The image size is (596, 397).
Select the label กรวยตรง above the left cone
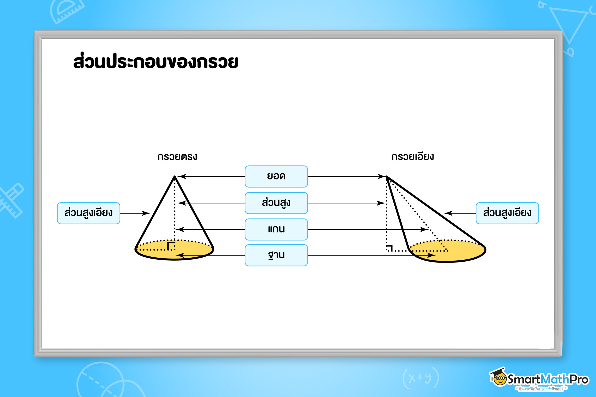(177, 157)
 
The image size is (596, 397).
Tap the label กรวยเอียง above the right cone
(412, 157)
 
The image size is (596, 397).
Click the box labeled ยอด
(276, 176)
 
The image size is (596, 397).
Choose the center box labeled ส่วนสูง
(276, 203)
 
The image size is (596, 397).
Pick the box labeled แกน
(276, 229)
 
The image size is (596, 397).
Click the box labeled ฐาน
(276, 255)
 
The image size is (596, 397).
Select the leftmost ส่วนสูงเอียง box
(88, 213)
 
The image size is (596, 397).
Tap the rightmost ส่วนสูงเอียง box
(507, 213)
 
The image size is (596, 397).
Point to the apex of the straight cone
(175, 176)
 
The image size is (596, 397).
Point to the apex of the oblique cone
(386, 177)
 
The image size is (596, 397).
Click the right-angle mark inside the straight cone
(171, 246)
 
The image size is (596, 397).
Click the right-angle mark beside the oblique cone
(389, 248)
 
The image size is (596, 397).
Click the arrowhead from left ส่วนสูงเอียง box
(146, 213)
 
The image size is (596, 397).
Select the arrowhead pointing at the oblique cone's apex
(382, 176)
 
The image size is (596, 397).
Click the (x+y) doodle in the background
(420, 378)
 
